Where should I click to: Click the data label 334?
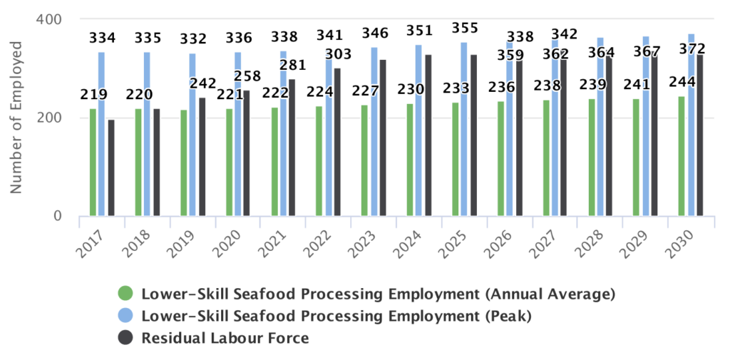102,38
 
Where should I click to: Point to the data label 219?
93,96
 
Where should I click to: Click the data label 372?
692,49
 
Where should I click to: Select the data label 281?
292,66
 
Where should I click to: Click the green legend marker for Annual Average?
125,294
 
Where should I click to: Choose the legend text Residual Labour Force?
225,338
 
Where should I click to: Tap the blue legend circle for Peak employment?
125,316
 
